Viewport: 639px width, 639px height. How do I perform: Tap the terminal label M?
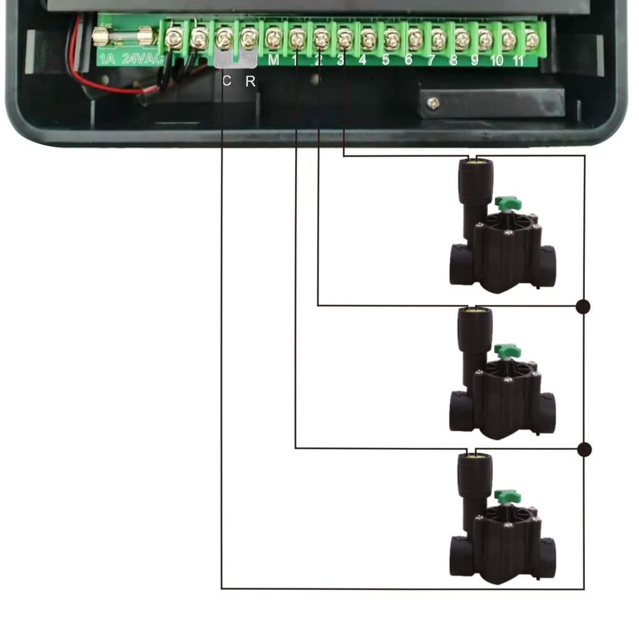tap(273, 60)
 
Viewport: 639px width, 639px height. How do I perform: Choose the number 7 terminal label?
tap(431, 61)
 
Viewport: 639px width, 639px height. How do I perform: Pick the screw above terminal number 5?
tap(391, 39)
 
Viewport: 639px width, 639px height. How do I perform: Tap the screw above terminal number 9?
tap(485, 39)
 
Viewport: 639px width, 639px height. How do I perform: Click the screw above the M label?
tap(273, 39)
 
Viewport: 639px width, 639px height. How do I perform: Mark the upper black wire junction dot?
tap(583, 306)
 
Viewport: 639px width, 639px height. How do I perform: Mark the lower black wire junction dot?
tap(583, 449)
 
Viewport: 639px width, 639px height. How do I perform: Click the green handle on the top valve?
tap(507, 203)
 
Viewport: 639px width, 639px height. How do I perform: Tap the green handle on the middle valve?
tap(507, 351)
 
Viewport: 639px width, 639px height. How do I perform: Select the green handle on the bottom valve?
tap(507, 496)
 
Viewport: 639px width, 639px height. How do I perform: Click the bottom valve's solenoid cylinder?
tap(476, 477)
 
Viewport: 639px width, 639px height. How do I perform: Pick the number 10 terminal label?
tap(497, 61)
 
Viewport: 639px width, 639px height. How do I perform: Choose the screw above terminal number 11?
tap(531, 39)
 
